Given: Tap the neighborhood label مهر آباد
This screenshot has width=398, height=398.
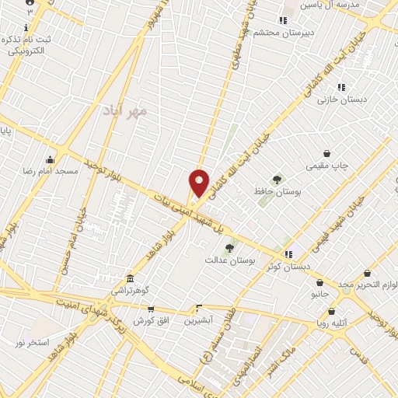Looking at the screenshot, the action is coord(124,111).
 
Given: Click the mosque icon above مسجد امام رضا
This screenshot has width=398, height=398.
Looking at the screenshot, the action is coord(51,159).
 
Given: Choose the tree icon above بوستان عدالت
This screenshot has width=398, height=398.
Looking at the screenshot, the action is coord(229,248).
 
